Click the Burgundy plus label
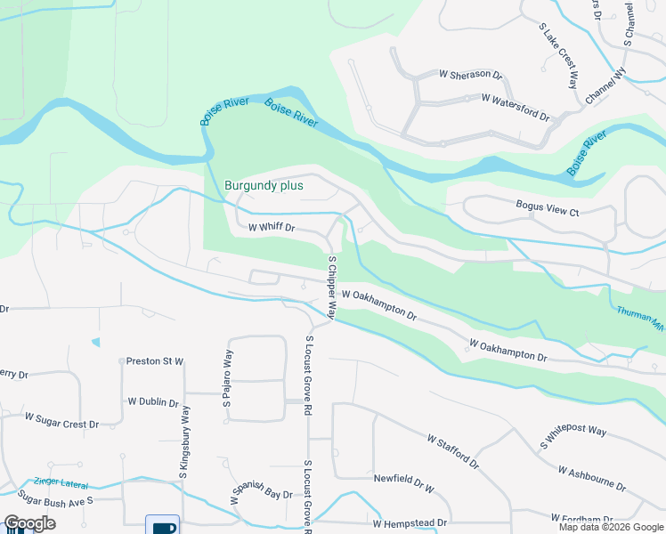point(264,186)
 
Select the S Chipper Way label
point(331,287)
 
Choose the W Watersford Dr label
point(516,107)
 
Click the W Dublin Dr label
point(153,402)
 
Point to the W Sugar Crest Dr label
point(61,420)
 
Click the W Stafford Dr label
point(452,452)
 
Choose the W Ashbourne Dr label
point(592,477)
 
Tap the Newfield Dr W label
point(403,481)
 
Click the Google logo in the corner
point(29,523)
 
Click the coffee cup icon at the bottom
point(163,524)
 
